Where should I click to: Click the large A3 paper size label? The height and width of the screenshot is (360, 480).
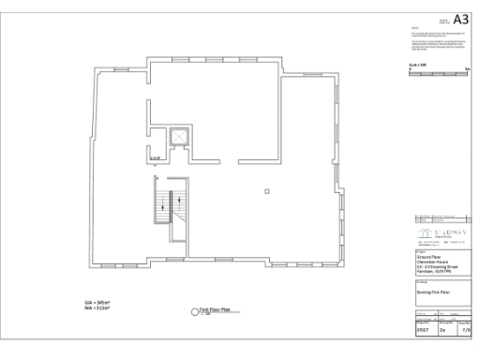(460, 19)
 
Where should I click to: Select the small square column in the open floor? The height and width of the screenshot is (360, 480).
(267, 192)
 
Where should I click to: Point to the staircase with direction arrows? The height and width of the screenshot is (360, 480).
(170, 206)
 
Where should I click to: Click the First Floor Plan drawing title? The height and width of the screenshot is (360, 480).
(214, 308)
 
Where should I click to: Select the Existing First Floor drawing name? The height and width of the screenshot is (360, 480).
(433, 292)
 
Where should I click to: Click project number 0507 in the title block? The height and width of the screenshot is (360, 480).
(422, 330)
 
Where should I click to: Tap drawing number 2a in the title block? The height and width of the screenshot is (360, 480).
(442, 330)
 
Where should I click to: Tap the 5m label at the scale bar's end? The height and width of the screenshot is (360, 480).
(466, 67)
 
